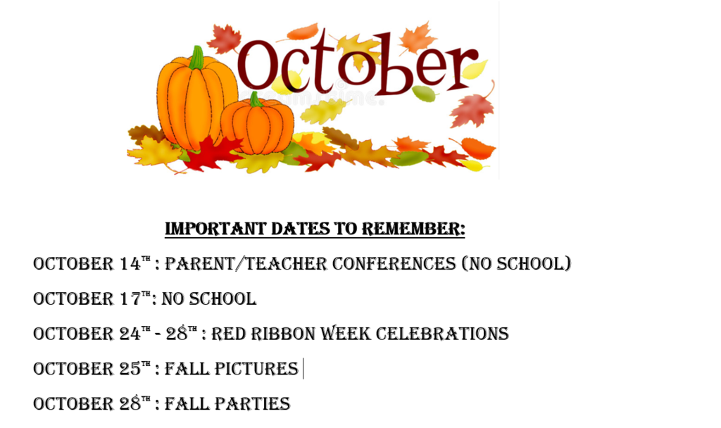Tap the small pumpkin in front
[x=258, y=125]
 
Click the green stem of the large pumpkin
[x=197, y=58]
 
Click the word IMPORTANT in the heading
[x=215, y=229]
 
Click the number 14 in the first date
[x=130, y=263]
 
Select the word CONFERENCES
[x=394, y=263]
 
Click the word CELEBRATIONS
[x=442, y=333]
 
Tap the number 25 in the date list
[x=130, y=368]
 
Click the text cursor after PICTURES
[x=303, y=369]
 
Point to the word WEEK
[x=345, y=333]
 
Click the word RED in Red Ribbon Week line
[x=229, y=333]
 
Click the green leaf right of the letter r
[x=424, y=94]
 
